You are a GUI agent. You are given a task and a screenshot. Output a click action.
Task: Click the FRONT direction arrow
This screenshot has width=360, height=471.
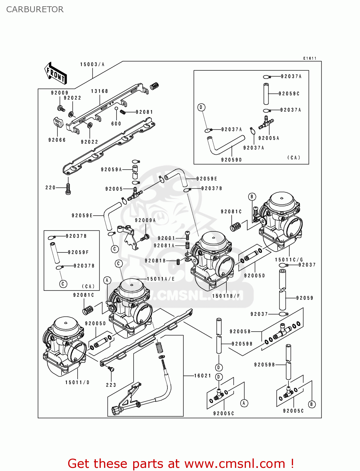56,73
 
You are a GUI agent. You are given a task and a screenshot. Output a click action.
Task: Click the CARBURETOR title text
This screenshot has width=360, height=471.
35,9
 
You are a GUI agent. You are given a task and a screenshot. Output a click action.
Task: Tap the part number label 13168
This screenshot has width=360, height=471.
100,91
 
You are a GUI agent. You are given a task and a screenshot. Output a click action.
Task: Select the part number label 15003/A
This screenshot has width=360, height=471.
92,64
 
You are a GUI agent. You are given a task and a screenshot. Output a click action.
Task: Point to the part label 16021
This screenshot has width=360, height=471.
203,376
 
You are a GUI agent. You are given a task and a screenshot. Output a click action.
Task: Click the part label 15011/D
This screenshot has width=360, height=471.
78,382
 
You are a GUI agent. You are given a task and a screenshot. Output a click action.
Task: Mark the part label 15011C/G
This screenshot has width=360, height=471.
289,260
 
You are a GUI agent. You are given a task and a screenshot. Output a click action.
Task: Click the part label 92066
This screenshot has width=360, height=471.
57,140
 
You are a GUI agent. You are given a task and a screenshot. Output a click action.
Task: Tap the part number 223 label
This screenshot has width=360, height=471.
111,385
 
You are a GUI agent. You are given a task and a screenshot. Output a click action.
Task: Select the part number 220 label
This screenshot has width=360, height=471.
50,187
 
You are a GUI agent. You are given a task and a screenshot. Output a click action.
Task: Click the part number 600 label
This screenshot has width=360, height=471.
116,124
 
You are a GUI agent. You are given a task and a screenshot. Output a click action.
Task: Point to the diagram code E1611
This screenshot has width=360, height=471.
310,58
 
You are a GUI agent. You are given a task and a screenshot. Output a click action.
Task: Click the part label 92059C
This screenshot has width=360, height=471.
289,94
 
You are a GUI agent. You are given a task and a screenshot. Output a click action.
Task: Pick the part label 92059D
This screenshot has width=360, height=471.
232,160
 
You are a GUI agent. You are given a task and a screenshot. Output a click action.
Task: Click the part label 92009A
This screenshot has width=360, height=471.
145,220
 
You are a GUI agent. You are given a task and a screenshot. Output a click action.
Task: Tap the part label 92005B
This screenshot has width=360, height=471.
240,332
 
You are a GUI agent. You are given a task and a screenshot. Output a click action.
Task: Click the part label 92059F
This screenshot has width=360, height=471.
78,252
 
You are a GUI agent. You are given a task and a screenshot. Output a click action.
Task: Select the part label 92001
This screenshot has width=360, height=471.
166,238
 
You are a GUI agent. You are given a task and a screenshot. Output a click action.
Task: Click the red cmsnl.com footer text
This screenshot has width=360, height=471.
181,463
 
